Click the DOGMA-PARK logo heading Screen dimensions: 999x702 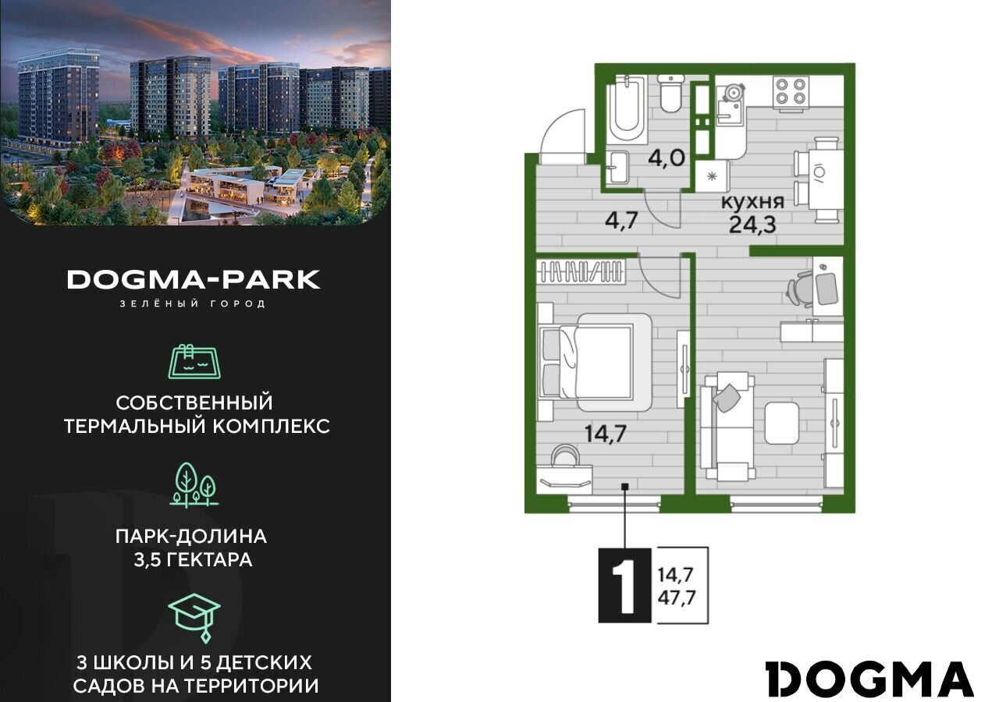pyautogui.click(x=194, y=279)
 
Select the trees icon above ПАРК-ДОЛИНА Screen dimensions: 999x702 pyautogui.click(x=194, y=485)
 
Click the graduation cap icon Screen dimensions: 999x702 pyautogui.click(x=194, y=618)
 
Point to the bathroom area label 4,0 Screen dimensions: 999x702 pyautogui.click(x=667, y=158)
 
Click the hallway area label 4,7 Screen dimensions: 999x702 pyautogui.click(x=622, y=220)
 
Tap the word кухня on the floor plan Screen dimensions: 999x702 pyautogui.click(x=753, y=202)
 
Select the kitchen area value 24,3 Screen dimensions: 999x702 pyautogui.click(x=753, y=225)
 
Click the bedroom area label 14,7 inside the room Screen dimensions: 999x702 pyautogui.click(x=606, y=433)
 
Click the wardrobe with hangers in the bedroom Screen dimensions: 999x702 pyautogui.click(x=581, y=272)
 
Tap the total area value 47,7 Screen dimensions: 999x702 pyautogui.click(x=677, y=597)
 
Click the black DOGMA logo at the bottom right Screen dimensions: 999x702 pyautogui.click(x=869, y=679)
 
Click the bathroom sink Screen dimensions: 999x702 pyautogui.click(x=619, y=167)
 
